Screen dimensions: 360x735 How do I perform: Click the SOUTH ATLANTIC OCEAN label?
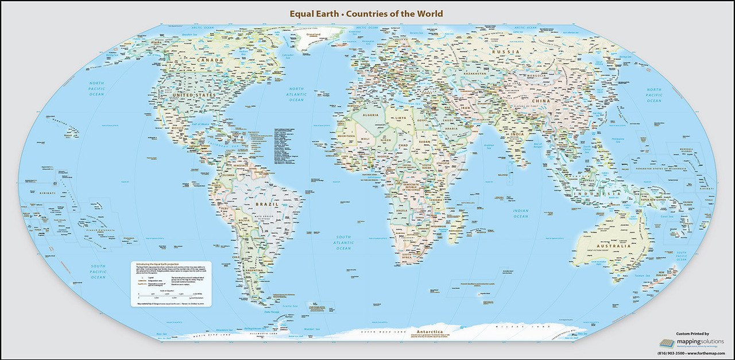pos(343,242)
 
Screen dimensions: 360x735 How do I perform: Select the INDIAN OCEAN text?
pos(520,214)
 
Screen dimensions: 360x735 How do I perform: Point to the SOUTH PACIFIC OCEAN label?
pos(98,272)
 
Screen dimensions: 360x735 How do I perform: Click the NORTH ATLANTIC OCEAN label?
pos(296,94)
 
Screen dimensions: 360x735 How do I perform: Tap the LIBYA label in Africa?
pos(399,118)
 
